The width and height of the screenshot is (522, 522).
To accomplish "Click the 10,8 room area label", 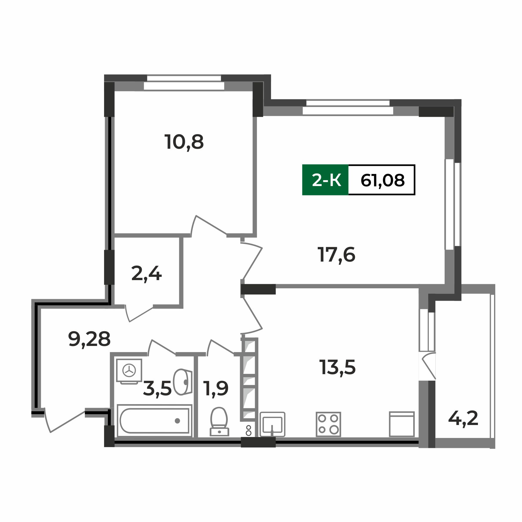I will pos(184,142).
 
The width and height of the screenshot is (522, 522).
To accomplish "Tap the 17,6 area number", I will pos(336,255).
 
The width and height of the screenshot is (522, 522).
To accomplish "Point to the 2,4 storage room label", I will pos(146,274).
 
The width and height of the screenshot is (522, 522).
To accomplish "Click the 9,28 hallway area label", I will pos(89,339).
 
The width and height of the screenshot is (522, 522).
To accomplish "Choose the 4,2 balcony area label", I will pos(463,419).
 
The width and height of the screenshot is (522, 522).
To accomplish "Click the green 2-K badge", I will pos(325,180).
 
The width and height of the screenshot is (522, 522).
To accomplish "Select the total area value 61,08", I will pos(382,180).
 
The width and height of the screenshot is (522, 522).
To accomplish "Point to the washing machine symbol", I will pos(129,371).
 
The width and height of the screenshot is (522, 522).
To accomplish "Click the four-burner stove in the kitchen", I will pos(328,424).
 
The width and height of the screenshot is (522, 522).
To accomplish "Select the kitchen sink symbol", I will pos(272,424).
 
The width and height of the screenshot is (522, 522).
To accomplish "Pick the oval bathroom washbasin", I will pos(182,382).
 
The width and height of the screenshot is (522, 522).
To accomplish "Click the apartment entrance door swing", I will pos(63,420).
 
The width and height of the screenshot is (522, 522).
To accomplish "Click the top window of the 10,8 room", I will pos(184,82).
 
